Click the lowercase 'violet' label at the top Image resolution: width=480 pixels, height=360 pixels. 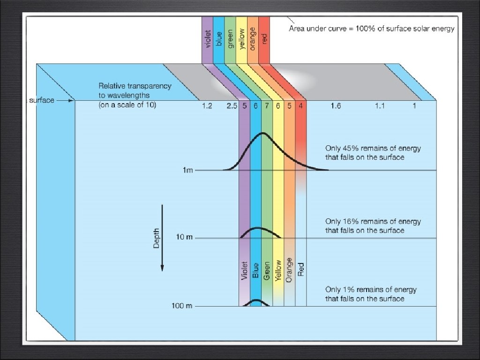[x=208, y=39]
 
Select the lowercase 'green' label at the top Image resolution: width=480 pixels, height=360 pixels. [x=230, y=39]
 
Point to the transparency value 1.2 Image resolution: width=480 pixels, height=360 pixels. [x=207, y=106]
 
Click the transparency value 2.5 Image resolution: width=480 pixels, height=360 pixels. [x=232, y=106]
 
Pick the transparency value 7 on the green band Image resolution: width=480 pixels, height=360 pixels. [x=267, y=106]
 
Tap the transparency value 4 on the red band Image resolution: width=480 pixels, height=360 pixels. [x=301, y=106]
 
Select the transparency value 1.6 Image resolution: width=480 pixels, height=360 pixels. [x=336, y=106]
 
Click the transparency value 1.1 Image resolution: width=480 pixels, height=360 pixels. [x=380, y=106]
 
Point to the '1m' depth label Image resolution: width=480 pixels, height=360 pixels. [x=187, y=170]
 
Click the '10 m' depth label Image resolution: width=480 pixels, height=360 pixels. [x=184, y=238]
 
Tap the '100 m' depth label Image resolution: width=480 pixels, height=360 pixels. [x=182, y=306]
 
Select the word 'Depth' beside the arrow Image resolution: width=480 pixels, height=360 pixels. [x=157, y=239]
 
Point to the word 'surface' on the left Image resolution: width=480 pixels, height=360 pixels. [x=42, y=100]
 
